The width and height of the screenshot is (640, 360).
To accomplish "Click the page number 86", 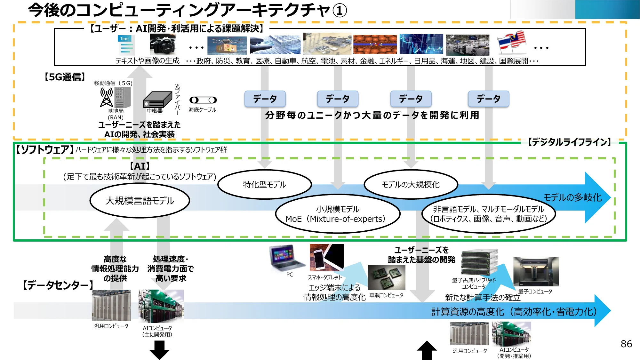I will [x=626, y=344].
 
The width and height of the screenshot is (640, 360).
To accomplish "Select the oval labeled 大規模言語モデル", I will [x=140, y=201].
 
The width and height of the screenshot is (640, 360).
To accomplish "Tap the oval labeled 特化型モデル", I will [x=264, y=184].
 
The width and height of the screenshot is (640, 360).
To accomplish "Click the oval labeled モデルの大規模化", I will [x=411, y=184].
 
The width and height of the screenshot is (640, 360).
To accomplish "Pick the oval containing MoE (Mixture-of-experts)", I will [x=338, y=214].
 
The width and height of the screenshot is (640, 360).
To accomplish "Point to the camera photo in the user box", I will [x=163, y=45].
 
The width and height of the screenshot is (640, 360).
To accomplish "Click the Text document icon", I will [x=126, y=45].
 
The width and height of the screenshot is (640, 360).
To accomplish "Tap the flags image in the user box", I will [x=512, y=43].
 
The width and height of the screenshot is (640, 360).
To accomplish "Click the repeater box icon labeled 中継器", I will [x=157, y=100].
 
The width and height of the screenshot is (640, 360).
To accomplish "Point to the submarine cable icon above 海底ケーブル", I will [x=203, y=100].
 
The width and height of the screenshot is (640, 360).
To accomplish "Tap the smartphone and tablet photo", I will [x=326, y=258].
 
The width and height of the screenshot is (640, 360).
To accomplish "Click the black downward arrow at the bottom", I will [x=159, y=350].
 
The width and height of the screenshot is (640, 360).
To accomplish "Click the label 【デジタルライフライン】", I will [x=569, y=142].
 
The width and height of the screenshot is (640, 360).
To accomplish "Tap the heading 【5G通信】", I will [x=65, y=77].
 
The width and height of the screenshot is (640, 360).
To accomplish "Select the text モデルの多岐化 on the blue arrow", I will [x=572, y=197].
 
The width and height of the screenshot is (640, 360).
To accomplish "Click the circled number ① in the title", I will [x=340, y=10].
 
